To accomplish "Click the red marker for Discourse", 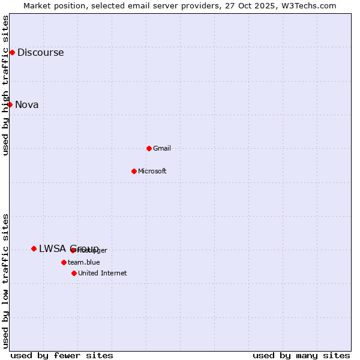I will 12,52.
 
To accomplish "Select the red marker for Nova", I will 10,104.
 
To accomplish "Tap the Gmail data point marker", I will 149,148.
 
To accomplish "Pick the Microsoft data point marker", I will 134,171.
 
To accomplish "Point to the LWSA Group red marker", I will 34,248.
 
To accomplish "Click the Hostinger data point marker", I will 73,250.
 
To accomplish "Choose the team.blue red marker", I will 64,262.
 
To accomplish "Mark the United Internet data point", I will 74,273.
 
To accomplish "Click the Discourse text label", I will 40,52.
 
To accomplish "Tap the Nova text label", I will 27,104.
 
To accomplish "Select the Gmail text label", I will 162,148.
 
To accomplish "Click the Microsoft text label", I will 152,171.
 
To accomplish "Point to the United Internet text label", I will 103,273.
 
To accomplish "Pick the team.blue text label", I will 84,262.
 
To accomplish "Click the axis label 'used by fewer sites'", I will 62,355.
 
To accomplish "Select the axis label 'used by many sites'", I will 301,355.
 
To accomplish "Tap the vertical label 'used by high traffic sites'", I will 5,85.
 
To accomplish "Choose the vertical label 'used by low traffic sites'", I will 5,281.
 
